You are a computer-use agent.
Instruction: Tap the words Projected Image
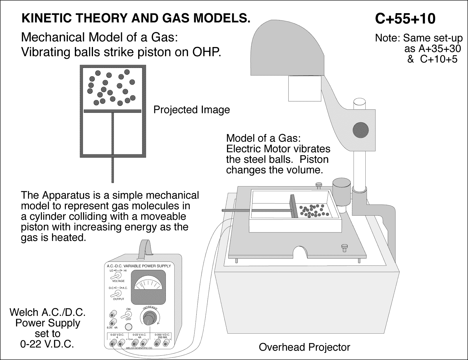(192, 110)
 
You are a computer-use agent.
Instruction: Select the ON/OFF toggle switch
(128, 315)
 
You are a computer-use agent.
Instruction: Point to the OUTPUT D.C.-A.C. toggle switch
(118, 293)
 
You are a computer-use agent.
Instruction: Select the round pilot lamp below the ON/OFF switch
(128, 327)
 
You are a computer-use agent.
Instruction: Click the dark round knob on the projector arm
(361, 129)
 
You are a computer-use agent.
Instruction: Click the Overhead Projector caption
(304, 347)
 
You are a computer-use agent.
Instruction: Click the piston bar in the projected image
(113, 111)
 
